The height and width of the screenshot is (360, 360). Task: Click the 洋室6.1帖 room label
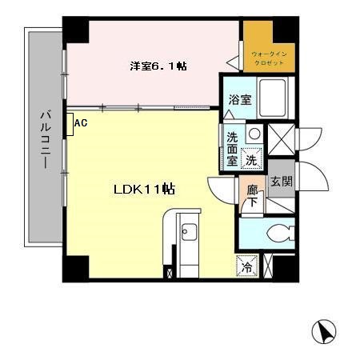coord(158,66)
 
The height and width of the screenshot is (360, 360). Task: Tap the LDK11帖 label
coord(143,190)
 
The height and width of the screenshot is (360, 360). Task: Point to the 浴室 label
coord(240,100)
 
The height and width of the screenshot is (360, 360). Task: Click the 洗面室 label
coord(231,148)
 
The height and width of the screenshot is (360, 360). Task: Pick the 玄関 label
coord(280,181)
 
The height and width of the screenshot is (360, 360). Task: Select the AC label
coord(80,122)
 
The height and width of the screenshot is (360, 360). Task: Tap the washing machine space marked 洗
coord(251,159)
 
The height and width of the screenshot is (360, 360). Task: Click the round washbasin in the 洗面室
coord(253,134)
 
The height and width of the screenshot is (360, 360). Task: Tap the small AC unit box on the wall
coord(70,124)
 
